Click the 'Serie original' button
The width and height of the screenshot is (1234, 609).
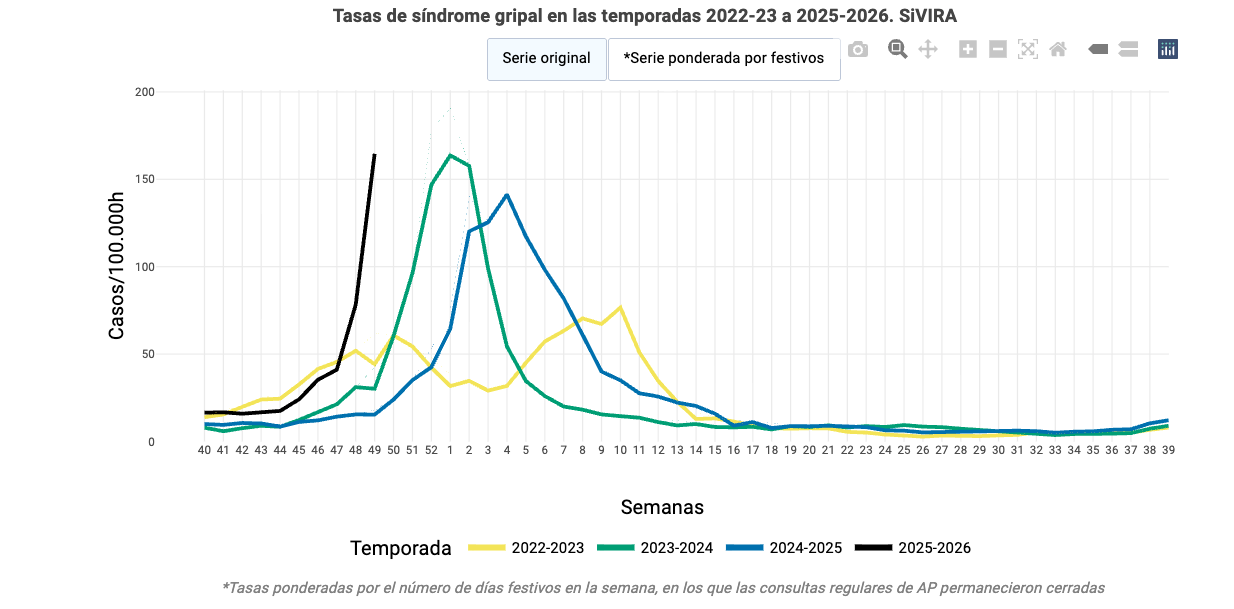pyautogui.click(x=546, y=58)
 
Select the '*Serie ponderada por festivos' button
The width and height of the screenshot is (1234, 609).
pyautogui.click(x=724, y=58)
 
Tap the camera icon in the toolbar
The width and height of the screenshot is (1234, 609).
pyautogui.click(x=857, y=49)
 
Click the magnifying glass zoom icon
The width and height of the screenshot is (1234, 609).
pyautogui.click(x=897, y=49)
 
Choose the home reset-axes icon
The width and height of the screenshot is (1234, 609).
pyautogui.click(x=1057, y=49)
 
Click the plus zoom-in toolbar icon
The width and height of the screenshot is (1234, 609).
pyautogui.click(x=967, y=49)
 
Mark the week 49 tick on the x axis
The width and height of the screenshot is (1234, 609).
pyautogui.click(x=374, y=451)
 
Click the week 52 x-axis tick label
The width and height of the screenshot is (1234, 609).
pyautogui.click(x=431, y=451)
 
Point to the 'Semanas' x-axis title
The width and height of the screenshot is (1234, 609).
pyautogui.click(x=662, y=507)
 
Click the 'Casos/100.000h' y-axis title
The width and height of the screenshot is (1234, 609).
pyautogui.click(x=117, y=266)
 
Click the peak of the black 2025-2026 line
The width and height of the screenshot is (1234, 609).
pyautogui.click(x=374, y=155)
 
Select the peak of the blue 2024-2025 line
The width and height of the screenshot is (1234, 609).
pyautogui.click(x=507, y=195)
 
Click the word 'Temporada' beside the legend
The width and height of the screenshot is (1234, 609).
pyautogui.click(x=400, y=548)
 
